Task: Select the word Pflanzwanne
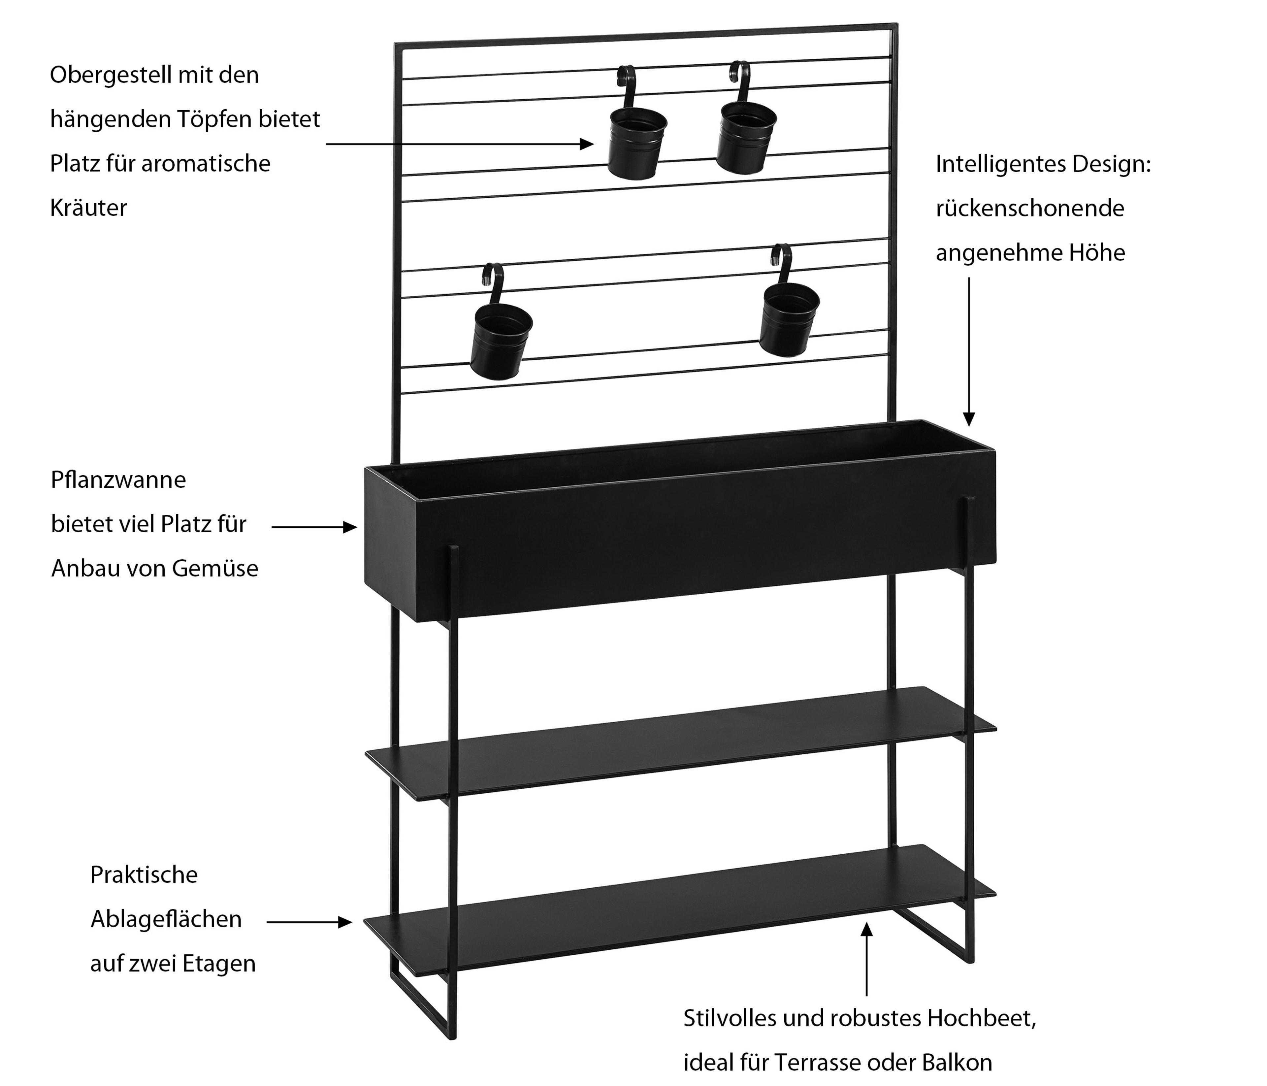(x=118, y=480)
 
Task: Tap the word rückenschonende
(x=1030, y=209)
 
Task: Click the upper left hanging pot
(x=636, y=143)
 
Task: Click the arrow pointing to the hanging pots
(x=459, y=144)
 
